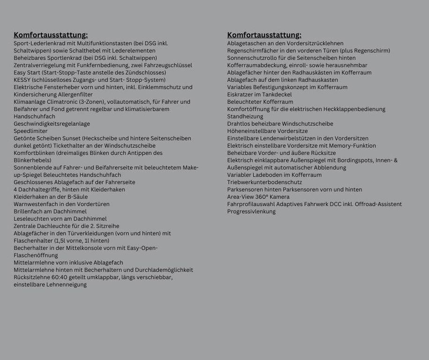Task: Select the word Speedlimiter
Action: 30,131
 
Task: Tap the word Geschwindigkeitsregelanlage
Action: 52,124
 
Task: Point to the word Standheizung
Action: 245,116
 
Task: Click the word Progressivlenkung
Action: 251,211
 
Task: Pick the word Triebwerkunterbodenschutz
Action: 264,182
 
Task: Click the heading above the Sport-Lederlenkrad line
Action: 51,35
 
